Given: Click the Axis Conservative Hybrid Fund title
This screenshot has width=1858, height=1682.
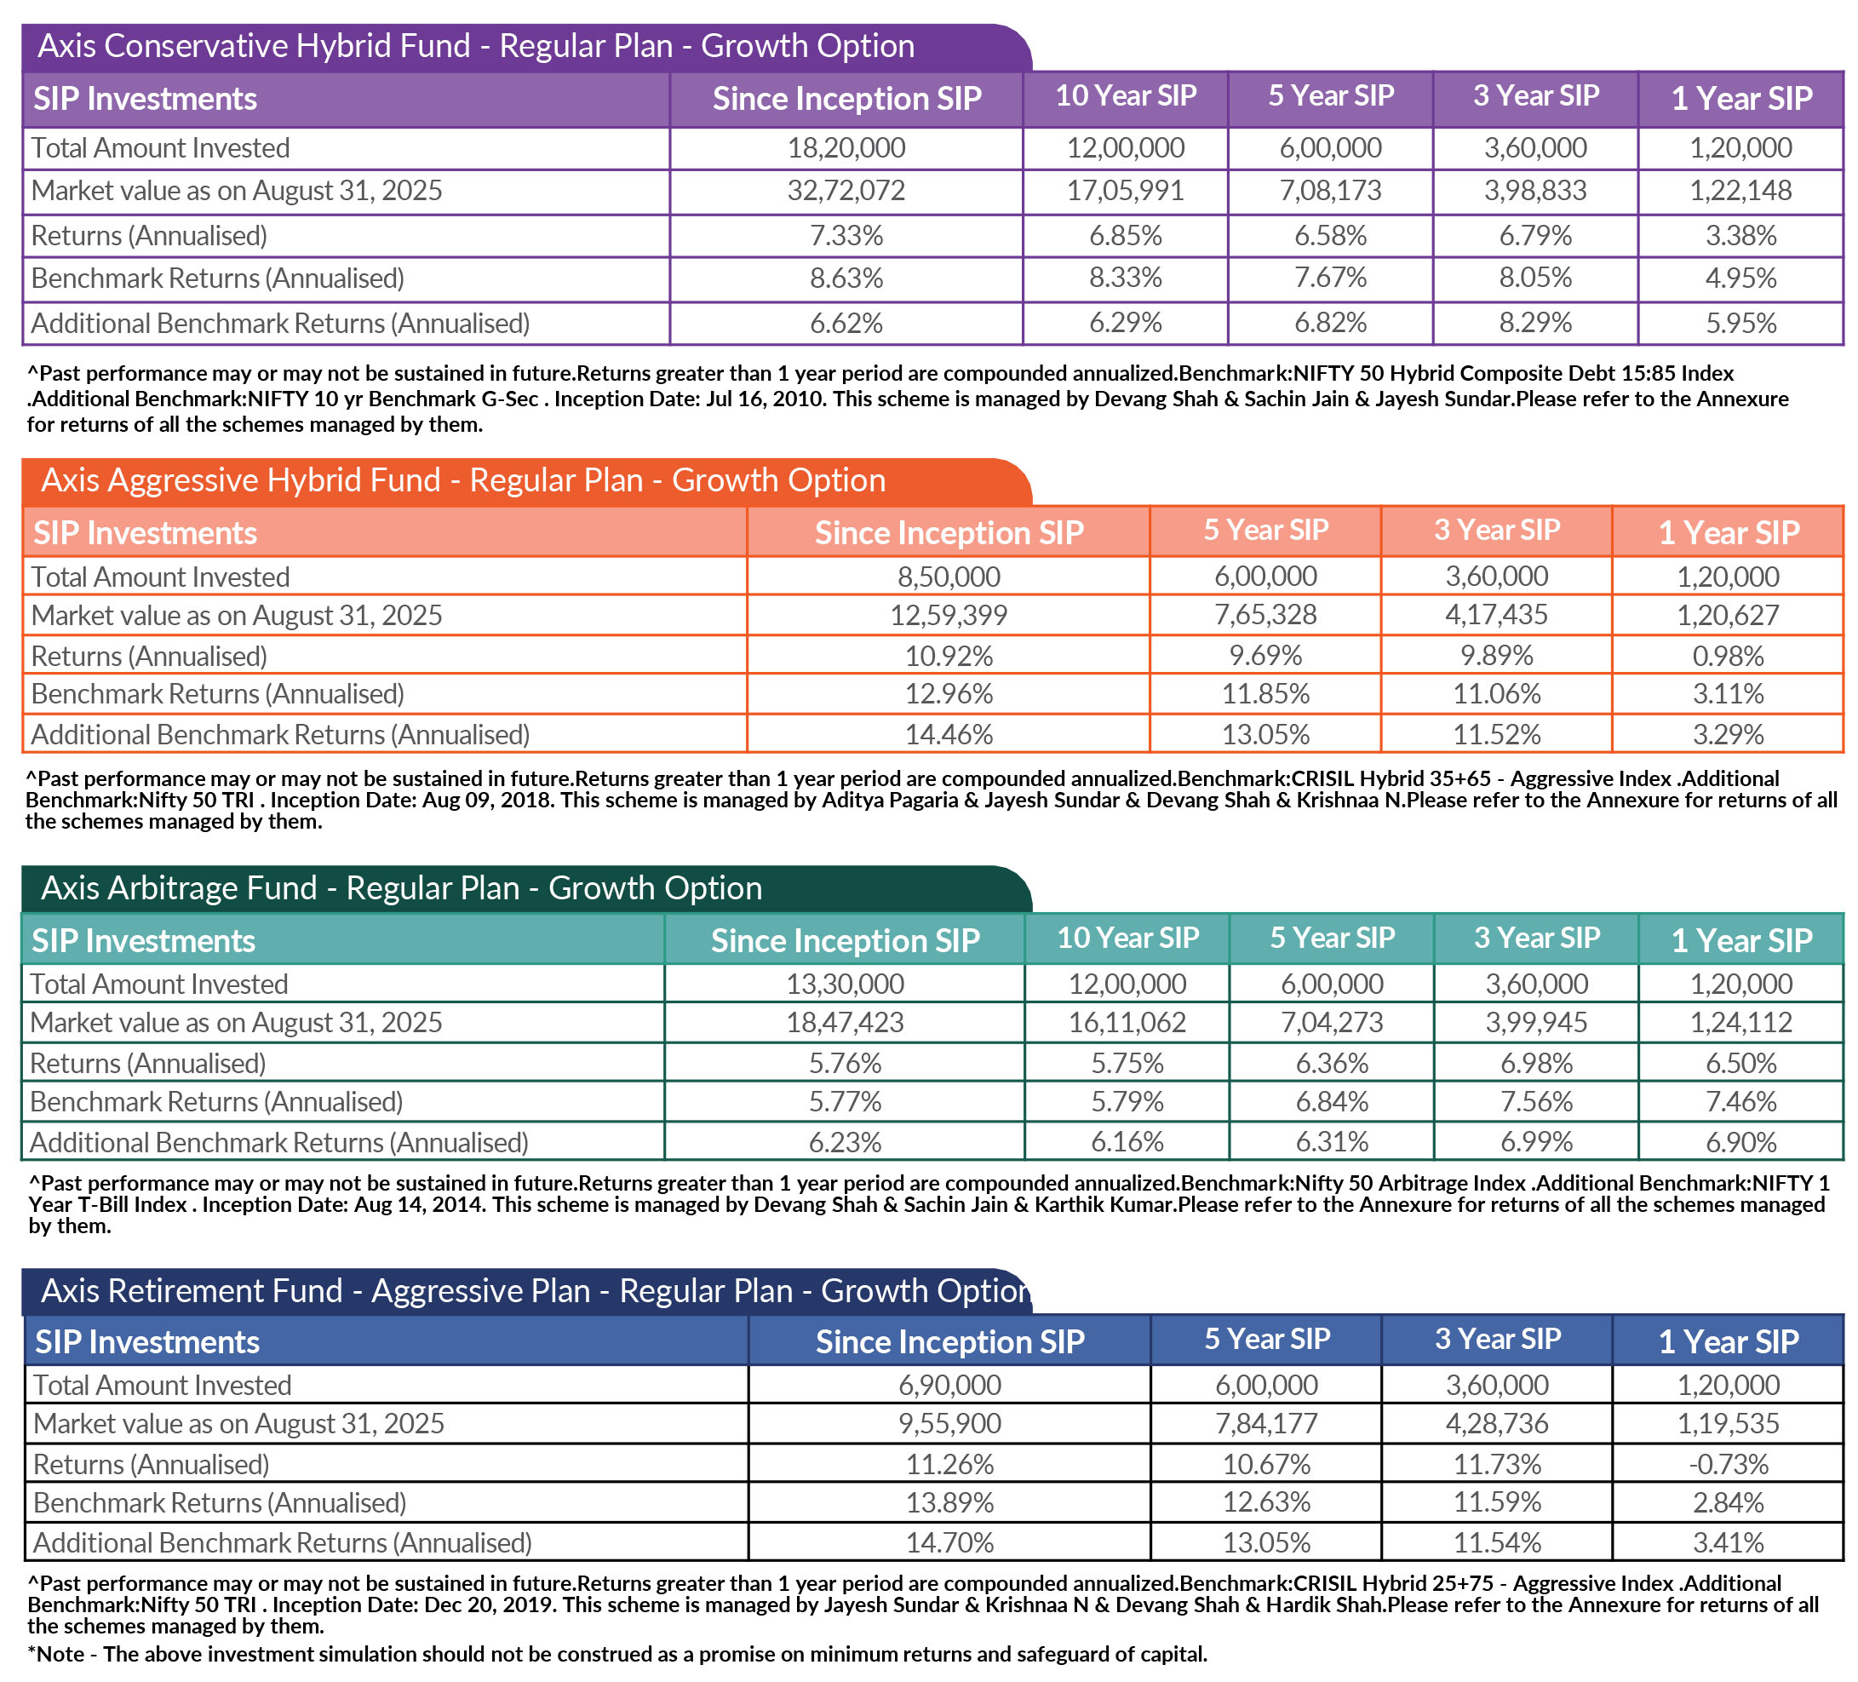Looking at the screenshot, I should tap(475, 46).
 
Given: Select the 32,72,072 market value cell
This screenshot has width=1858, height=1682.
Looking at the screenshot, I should tap(846, 191).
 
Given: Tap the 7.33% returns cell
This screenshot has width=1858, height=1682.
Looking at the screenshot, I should tap(846, 236).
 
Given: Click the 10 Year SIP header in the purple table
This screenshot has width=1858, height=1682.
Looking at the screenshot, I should tap(1126, 96).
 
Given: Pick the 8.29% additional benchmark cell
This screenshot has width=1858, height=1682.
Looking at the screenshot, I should tap(1535, 324).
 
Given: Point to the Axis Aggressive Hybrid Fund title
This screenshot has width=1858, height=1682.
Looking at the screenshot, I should tap(462, 481).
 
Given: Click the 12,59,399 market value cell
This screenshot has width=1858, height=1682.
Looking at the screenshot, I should tap(949, 616).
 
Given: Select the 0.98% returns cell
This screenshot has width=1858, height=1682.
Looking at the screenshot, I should tap(1728, 657).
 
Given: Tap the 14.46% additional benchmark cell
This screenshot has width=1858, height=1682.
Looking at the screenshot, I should tap(949, 735).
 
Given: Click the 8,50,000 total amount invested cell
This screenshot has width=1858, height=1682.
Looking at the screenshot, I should tap(949, 577).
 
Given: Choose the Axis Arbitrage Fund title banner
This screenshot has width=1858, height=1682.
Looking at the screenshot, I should tap(402, 888).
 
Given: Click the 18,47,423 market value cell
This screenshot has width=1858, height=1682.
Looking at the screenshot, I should tap(846, 1022).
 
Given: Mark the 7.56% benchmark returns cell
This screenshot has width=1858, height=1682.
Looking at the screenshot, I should tap(1536, 1101).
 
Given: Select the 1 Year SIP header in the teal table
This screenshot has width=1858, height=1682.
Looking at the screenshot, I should tap(1741, 940).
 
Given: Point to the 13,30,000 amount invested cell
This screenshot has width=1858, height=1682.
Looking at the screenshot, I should tap(846, 985).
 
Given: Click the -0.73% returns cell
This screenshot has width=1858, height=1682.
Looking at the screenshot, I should tap(1728, 1465).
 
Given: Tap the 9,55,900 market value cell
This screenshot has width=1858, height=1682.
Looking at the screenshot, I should tap(949, 1424).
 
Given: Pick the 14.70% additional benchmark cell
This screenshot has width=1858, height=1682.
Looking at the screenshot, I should tap(949, 1543).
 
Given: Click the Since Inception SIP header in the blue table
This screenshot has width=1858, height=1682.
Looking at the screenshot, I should tap(949, 1342).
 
